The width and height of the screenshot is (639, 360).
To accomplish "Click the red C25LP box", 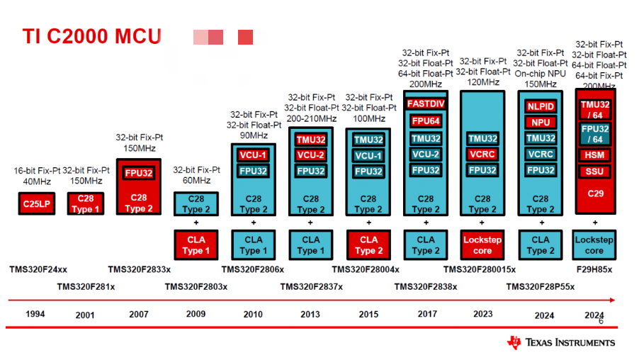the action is point(37,203).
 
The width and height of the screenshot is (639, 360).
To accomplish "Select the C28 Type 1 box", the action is point(86,203).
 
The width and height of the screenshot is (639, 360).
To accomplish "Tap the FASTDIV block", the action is point(426,103).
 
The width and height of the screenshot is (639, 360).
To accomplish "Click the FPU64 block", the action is point(426,121).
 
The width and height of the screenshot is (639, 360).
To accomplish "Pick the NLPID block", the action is point(541,106).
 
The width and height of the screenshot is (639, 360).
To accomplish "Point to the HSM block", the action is point(594,155).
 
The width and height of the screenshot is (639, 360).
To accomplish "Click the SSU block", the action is point(594,171).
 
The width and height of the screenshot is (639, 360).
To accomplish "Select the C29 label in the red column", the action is point(595,193).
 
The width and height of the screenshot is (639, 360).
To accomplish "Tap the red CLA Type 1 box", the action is point(196,245).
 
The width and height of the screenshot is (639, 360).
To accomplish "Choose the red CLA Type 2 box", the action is point(369,245).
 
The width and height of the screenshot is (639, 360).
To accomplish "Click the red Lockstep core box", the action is point(482,245).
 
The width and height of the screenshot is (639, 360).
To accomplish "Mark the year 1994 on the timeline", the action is point(35,314).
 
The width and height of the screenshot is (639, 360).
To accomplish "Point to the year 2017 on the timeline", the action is point(427,314).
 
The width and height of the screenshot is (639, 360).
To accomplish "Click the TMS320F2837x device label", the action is point(311,287).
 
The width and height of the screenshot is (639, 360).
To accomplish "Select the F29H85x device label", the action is point(594,269).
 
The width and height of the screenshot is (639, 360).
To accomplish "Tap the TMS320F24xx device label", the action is point(38,269).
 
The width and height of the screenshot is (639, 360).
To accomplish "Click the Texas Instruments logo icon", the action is point(514,342).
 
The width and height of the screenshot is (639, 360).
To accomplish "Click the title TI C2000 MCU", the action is point(91,36).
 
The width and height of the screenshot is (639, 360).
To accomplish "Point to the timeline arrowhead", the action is point(612,300).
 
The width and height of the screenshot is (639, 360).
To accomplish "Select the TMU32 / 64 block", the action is point(595,110).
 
